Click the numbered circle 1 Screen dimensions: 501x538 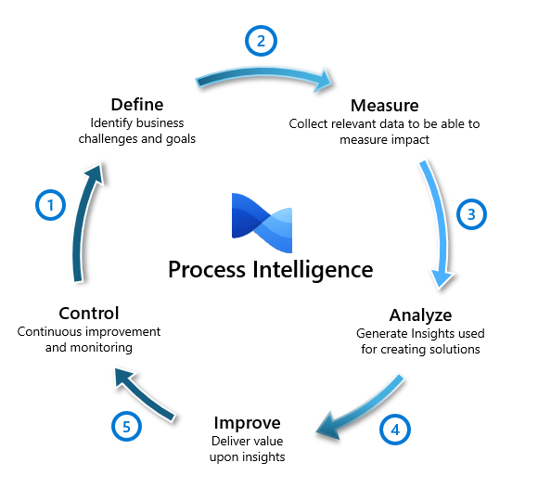click(50, 205)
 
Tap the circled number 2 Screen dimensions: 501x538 click(261, 41)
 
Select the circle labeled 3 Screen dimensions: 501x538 click(471, 214)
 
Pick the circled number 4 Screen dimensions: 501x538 click(395, 430)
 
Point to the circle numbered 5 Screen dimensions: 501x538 click(127, 426)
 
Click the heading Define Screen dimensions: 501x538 click(136, 104)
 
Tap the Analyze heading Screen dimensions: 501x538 click(420, 315)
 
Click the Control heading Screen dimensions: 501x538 click(88, 313)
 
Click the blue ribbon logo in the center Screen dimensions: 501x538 click(262, 221)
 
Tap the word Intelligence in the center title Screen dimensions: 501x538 click(311, 270)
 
